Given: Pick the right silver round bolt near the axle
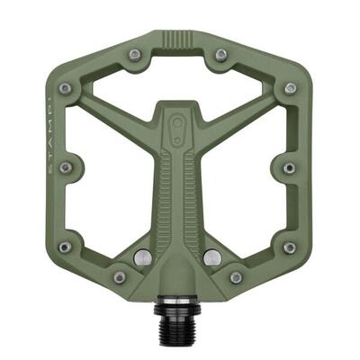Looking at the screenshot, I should pyautogui.click(x=210, y=256).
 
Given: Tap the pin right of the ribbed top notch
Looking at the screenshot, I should pyautogui.click(x=220, y=55).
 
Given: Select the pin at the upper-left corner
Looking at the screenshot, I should pyautogui.click(x=65, y=88).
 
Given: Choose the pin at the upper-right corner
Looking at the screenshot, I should pyautogui.click(x=290, y=88).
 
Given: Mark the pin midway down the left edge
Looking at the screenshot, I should pyautogui.click(x=65, y=167).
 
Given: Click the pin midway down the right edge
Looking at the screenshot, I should pyautogui.click(x=289, y=167).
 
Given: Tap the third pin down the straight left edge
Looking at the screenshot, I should pyautogui.click(x=65, y=247).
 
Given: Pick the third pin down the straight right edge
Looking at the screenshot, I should pyautogui.click(x=289, y=247).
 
